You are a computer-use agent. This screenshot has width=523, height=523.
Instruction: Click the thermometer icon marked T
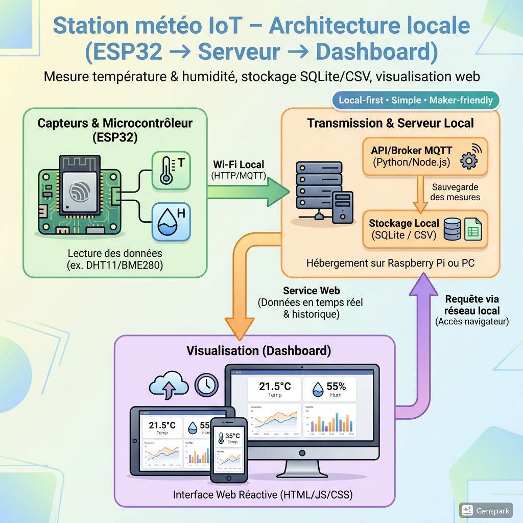pos(171,171)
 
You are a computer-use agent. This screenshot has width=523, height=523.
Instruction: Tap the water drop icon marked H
pos(171,221)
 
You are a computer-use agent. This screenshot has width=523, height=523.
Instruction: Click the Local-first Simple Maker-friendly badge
pos(416,100)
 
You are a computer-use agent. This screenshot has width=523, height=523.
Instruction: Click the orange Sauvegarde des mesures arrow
pos(420,193)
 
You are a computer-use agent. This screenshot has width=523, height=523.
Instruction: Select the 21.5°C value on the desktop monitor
pos(275,387)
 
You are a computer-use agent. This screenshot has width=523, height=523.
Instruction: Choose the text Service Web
pos(312,291)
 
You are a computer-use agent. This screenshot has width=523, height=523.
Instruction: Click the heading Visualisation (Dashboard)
pos(258,351)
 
